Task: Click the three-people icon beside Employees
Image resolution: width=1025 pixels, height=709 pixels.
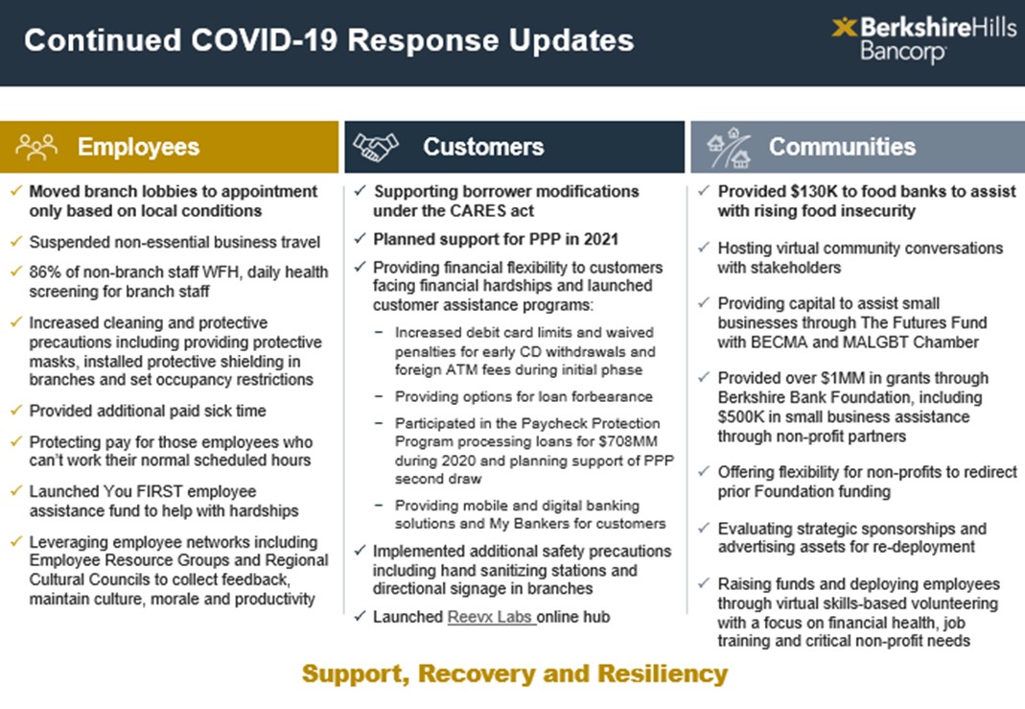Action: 36,147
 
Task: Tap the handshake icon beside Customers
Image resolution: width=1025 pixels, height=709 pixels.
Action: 376,147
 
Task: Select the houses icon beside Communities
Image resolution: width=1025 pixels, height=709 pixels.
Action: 728,148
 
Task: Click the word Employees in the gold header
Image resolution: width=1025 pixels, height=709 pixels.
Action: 139,147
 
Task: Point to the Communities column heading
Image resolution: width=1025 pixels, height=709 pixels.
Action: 842,147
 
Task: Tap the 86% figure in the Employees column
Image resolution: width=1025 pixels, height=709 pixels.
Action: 43,272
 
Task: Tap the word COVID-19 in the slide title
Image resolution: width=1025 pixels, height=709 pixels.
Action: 264,40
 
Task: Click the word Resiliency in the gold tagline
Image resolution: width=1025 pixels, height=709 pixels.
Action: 663,674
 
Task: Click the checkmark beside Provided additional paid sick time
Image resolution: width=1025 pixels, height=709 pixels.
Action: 16,410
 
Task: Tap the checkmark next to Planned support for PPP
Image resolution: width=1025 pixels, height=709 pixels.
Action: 360,238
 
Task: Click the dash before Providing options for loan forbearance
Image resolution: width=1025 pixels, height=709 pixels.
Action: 379,396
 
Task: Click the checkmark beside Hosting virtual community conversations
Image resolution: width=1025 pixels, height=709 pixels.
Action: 704,248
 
